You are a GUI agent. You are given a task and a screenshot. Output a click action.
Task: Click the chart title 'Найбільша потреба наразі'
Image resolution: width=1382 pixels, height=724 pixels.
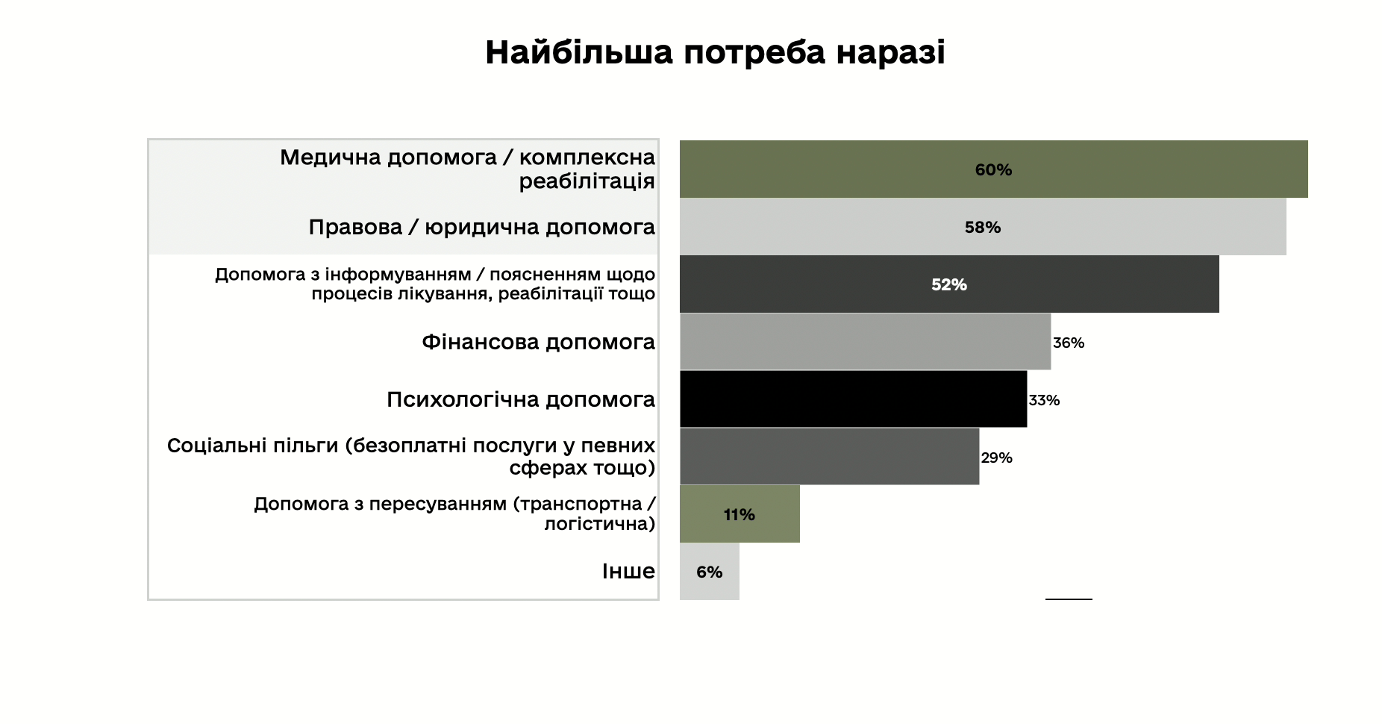[715, 53]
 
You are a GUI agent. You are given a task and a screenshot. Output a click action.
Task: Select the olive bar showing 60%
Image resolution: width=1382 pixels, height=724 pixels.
[993, 169]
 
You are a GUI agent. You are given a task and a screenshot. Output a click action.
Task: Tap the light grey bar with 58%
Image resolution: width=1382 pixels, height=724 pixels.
[982, 227]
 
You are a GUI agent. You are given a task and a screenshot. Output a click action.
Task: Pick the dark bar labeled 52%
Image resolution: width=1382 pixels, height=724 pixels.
[948, 284]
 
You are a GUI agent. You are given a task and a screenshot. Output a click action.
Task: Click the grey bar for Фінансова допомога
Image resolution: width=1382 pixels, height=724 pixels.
[865, 342]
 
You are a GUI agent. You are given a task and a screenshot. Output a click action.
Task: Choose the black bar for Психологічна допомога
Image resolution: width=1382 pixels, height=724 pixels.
[853, 399]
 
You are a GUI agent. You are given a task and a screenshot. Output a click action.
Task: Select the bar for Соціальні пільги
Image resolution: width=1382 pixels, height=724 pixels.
[829, 457]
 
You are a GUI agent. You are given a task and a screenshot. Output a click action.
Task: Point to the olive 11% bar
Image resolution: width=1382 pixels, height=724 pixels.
[739, 514]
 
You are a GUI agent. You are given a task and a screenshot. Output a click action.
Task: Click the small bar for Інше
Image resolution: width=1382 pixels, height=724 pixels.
[709, 572]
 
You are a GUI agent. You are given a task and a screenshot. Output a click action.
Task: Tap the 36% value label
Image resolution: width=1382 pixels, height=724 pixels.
[1069, 343]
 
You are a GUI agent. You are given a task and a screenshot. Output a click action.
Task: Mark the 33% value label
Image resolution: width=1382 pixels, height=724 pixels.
[1044, 400]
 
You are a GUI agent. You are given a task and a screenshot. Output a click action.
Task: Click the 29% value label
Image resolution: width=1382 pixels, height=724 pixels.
[996, 458]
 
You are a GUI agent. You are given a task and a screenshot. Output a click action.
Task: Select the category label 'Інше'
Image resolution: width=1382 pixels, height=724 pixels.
[628, 571]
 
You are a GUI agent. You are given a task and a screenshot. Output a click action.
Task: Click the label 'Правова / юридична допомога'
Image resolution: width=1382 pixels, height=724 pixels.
[481, 227]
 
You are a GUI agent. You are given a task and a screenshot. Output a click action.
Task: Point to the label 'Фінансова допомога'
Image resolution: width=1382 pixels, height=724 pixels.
[538, 342]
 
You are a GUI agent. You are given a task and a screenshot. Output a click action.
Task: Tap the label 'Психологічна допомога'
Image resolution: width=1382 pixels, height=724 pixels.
[520, 399]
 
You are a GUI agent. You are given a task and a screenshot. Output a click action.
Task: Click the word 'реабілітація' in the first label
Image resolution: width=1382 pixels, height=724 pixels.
[587, 181]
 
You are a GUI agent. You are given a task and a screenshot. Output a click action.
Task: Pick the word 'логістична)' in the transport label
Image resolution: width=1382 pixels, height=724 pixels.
[599, 524]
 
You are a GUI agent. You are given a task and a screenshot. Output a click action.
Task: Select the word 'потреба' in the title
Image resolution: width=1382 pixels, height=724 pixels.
[754, 53]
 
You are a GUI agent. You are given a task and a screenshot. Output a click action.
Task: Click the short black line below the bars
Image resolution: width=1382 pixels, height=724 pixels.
[1069, 599]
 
